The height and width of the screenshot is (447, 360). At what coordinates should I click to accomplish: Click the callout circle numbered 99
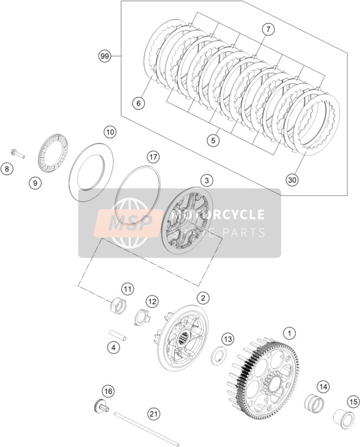pos(105,56)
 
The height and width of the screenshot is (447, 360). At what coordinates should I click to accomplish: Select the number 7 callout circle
pos(268,29)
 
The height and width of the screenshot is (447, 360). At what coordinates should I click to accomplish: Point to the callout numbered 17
pos(153,157)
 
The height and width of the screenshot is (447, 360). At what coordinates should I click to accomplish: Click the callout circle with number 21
pos(153,413)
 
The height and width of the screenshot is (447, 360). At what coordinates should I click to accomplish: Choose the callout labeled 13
pos(227,339)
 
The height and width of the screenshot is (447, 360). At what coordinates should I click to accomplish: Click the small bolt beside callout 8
pos(18,153)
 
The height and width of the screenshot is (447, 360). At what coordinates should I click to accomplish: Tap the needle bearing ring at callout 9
pos(53,152)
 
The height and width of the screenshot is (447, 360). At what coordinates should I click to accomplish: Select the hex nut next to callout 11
pos(119,306)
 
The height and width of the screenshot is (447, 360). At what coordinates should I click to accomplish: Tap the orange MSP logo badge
pos(127,223)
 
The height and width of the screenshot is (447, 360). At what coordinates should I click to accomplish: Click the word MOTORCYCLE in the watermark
pos(219,215)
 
